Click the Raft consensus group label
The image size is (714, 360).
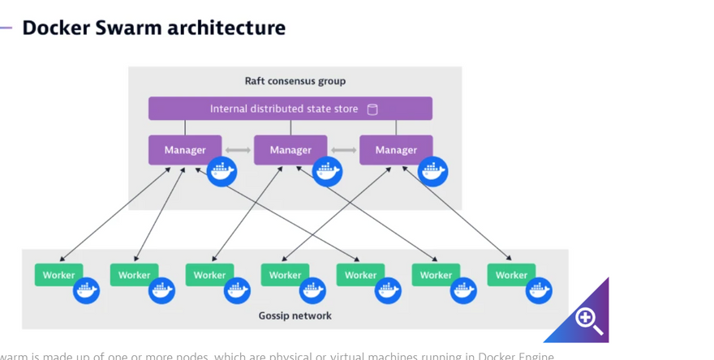(x=295, y=81)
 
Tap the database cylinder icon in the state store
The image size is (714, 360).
(x=372, y=109)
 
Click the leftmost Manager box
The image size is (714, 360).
(x=185, y=150)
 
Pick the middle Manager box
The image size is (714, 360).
(x=290, y=150)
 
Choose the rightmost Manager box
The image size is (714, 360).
(x=396, y=150)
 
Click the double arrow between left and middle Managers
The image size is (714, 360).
(x=238, y=150)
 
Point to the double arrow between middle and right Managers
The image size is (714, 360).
(x=343, y=150)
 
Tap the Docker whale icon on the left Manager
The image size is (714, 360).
(x=222, y=171)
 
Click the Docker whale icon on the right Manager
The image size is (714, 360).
(x=432, y=171)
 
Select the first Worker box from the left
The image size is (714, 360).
(x=58, y=275)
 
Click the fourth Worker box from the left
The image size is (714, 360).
(x=285, y=275)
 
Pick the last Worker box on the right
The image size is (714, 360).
(x=511, y=275)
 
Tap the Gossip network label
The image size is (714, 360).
(x=295, y=315)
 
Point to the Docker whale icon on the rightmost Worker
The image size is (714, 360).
(x=539, y=290)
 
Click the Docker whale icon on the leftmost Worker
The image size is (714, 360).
(x=86, y=290)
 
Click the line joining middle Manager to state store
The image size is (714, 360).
(x=290, y=127)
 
